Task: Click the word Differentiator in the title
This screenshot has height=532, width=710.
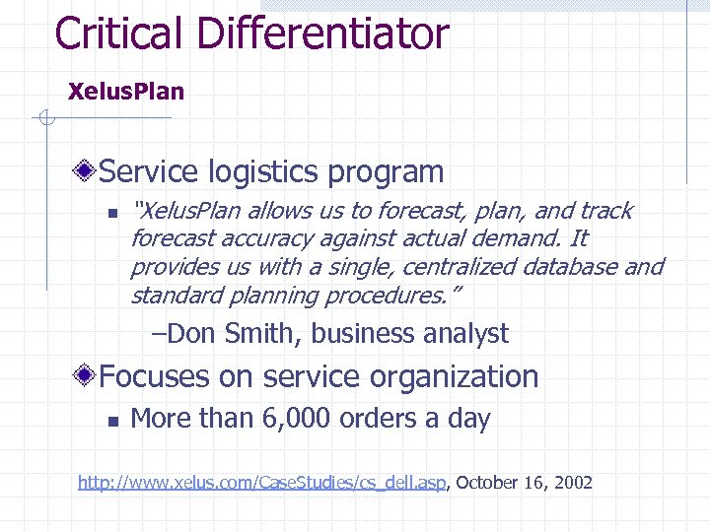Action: (x=322, y=33)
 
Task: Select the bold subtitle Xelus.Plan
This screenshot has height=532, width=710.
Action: (x=125, y=92)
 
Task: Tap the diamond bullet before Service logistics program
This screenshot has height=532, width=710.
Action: (x=88, y=172)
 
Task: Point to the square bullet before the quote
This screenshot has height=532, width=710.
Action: (x=112, y=212)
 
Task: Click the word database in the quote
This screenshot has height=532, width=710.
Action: (x=576, y=267)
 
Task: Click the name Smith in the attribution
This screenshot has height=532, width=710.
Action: (x=259, y=334)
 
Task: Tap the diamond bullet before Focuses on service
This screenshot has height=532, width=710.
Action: (x=88, y=376)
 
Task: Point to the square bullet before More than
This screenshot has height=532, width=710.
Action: (x=112, y=420)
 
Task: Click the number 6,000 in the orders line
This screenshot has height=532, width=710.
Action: (x=295, y=419)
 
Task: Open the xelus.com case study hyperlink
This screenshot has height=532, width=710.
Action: (x=263, y=483)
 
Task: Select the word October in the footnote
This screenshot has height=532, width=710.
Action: (x=490, y=483)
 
